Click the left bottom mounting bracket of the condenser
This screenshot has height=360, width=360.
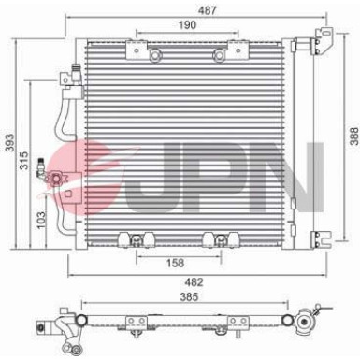pos(141,239)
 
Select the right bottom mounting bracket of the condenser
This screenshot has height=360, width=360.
pos(216,239)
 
